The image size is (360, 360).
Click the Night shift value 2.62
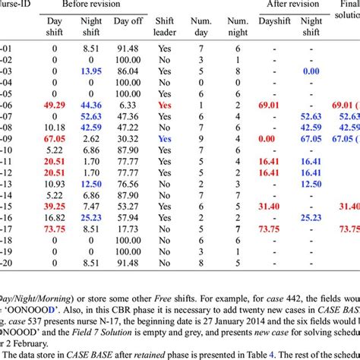click(x=92, y=140)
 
